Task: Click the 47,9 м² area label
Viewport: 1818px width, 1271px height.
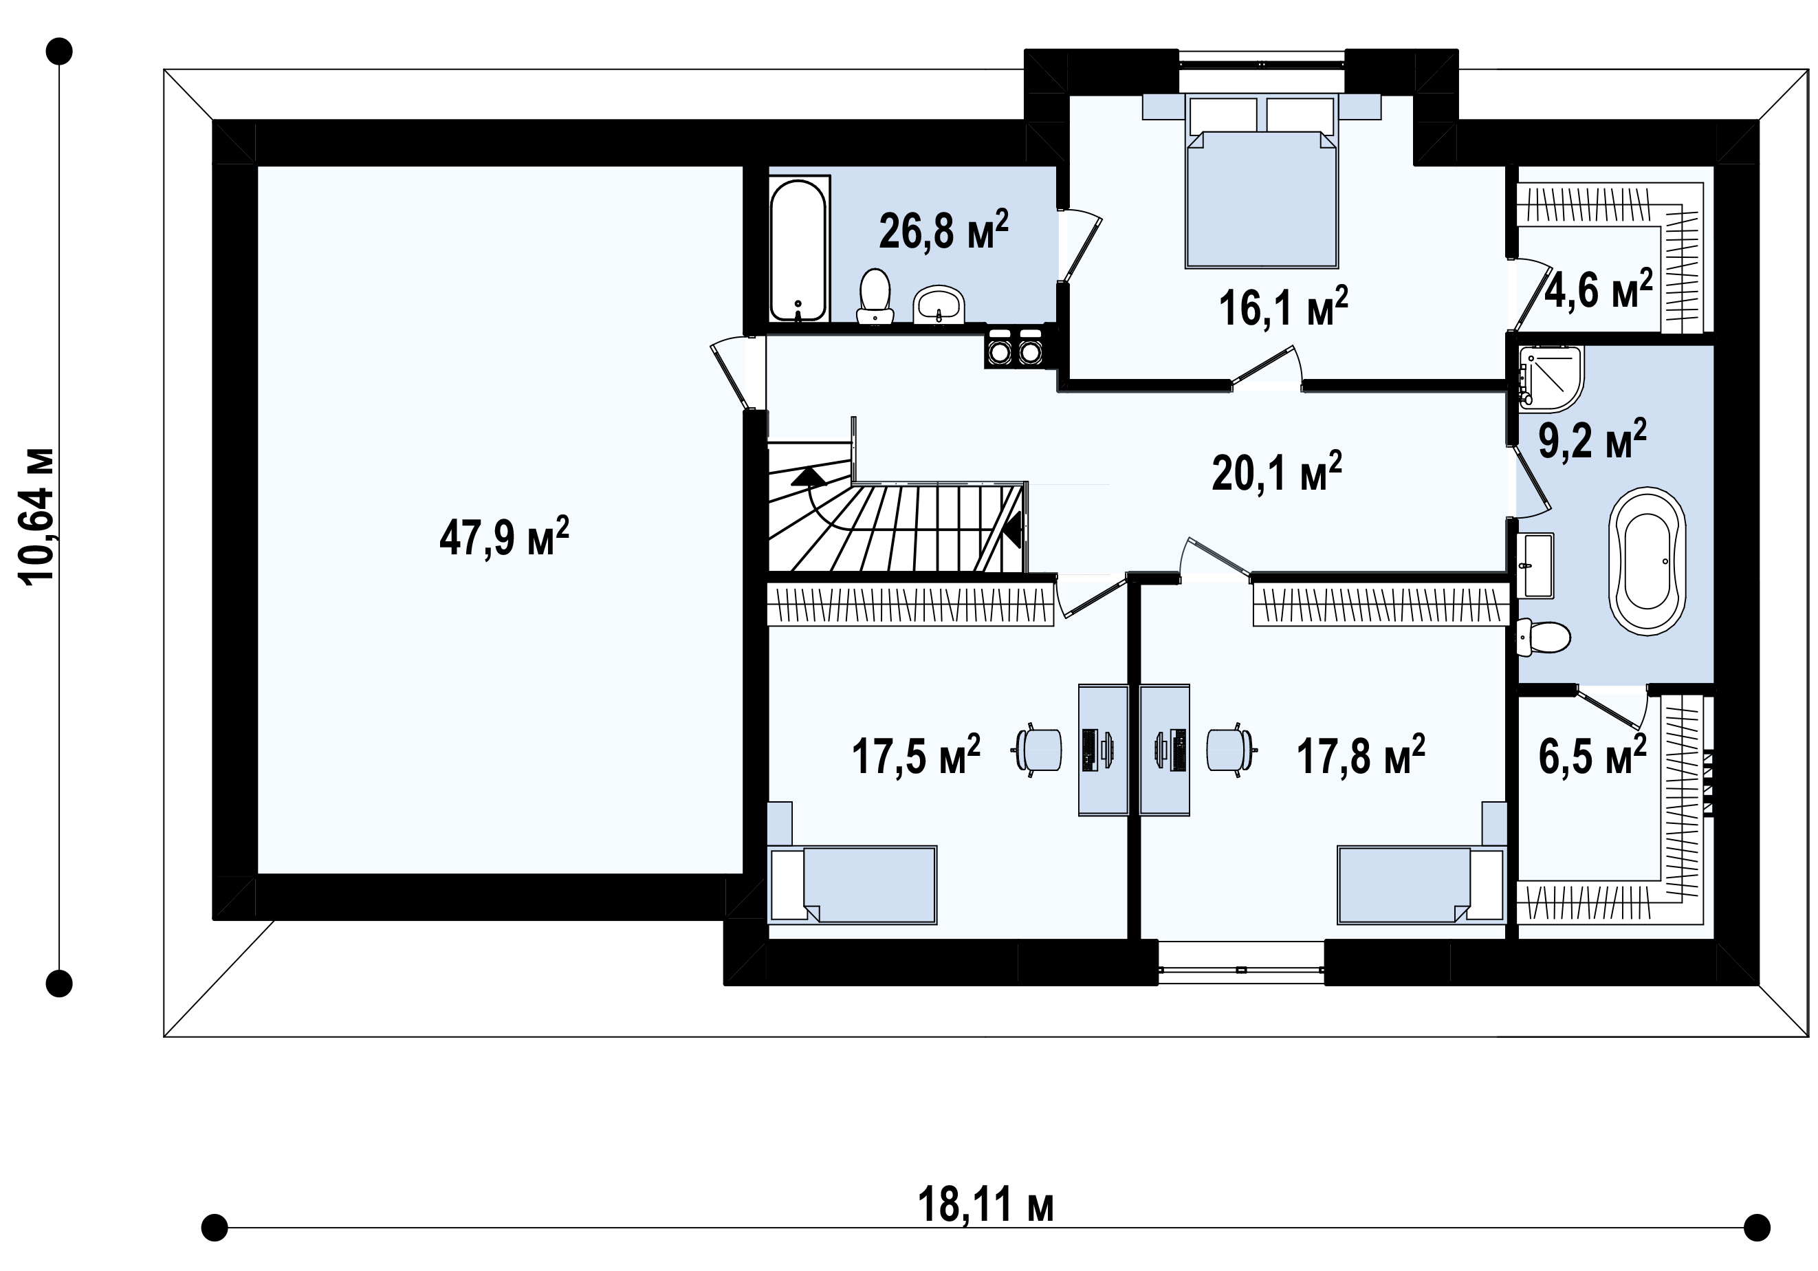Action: tap(505, 537)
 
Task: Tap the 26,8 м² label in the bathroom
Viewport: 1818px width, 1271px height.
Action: tap(944, 230)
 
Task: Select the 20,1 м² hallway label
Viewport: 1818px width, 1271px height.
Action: tap(1276, 472)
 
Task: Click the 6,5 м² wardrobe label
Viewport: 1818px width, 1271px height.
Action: tap(1592, 754)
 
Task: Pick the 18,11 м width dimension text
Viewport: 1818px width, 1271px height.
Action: tap(986, 1205)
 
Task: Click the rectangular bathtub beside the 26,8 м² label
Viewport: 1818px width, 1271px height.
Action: tap(799, 250)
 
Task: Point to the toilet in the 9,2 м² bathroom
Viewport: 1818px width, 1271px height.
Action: tap(1542, 638)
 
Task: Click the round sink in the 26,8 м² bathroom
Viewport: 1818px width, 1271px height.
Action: tap(939, 305)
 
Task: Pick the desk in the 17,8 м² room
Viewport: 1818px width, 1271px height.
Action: tap(1164, 750)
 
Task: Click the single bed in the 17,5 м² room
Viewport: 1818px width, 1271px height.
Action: tap(853, 884)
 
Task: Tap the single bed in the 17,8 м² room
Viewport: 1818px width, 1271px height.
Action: tap(1421, 884)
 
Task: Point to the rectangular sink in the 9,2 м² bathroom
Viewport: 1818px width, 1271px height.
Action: tap(1535, 565)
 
